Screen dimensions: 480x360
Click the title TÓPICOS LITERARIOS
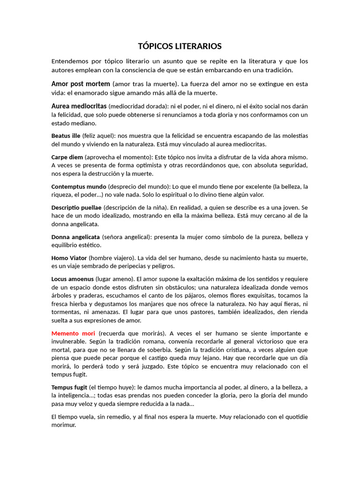coord(180,46)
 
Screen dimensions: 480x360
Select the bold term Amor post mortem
coord(81,84)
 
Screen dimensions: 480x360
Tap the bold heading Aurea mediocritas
coord(79,106)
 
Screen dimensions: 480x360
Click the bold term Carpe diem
coord(67,157)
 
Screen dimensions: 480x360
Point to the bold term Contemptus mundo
coord(79,186)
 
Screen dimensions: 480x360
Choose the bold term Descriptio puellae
coord(76,207)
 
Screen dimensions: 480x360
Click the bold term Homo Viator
coord(69,258)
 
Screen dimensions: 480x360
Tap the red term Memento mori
coord(73,333)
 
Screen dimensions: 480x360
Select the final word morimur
coord(63,425)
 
